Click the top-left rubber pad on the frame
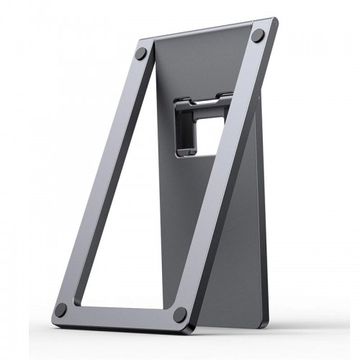141,53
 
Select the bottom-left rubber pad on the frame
60,310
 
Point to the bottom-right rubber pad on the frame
179,314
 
